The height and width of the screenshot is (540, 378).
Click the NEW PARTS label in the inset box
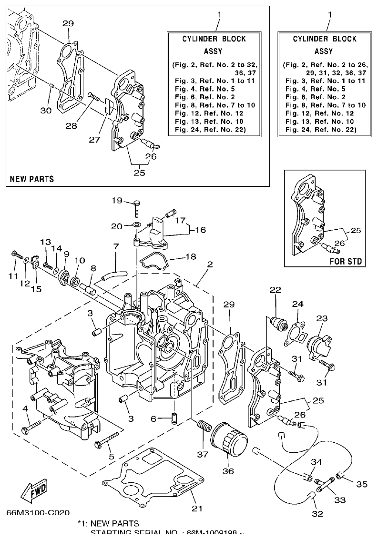click(x=32, y=179)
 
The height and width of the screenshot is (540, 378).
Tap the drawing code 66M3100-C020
click(x=38, y=513)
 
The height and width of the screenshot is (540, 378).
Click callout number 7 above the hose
click(x=115, y=246)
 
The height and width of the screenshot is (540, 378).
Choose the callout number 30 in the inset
click(x=46, y=110)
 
